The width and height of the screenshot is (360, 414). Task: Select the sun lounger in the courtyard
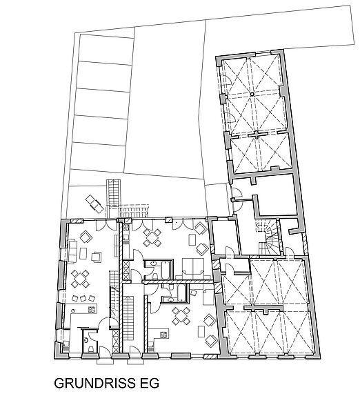click(x=94, y=204)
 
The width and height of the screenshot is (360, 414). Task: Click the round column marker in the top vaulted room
click(x=252, y=94)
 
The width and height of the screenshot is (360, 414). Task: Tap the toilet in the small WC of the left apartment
click(x=91, y=349)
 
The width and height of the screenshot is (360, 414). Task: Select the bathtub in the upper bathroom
click(x=166, y=270)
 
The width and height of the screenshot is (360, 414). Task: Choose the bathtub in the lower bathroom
click(x=182, y=293)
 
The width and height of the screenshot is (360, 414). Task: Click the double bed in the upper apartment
click(x=193, y=268)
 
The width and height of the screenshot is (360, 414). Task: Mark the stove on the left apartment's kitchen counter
click(x=91, y=310)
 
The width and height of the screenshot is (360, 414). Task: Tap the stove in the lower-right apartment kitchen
click(x=163, y=335)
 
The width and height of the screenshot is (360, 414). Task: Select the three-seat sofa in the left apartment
click(x=72, y=251)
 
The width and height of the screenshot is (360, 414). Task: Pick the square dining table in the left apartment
click(x=80, y=279)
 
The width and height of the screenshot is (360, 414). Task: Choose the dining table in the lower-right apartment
click(x=181, y=316)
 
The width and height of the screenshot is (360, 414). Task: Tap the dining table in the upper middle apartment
click(x=152, y=238)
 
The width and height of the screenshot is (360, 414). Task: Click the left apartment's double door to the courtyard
click(x=106, y=225)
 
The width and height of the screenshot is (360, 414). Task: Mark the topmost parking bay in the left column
click(x=105, y=50)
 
